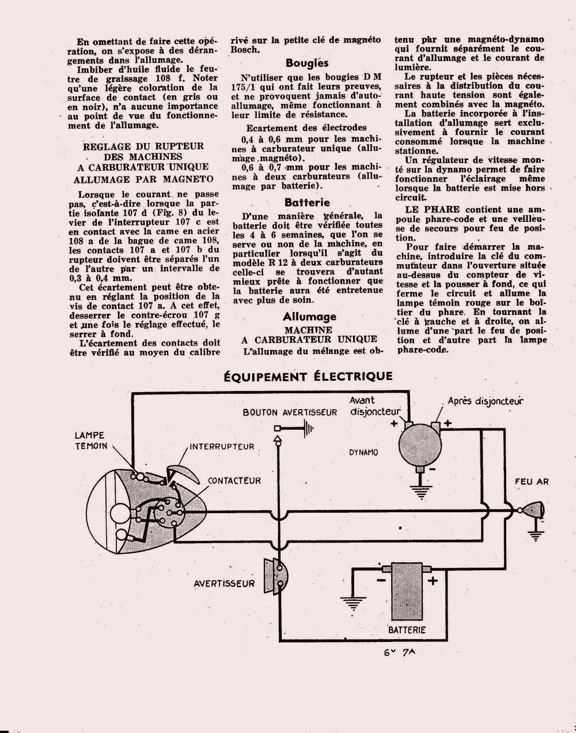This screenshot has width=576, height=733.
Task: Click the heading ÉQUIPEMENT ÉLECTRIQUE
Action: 308,377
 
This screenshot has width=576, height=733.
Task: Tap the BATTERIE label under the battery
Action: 407,630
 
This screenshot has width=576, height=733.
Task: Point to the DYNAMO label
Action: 363,453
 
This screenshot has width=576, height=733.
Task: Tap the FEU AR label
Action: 532,482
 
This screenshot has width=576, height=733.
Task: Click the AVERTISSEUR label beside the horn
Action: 223,584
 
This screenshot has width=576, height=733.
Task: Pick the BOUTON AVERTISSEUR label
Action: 290,413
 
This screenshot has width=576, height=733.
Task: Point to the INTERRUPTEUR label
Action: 222,446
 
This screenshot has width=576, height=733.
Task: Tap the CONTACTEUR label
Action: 234,480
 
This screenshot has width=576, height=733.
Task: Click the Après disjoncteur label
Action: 486,401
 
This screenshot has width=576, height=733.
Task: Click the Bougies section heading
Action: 307,63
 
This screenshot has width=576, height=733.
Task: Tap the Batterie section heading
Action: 307,202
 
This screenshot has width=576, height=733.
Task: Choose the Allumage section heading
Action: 309,317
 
